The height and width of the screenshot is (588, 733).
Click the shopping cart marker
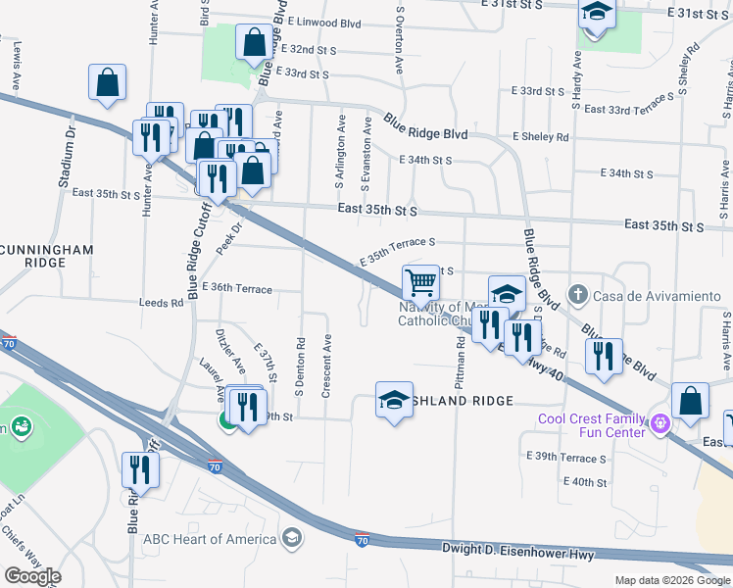[420, 282]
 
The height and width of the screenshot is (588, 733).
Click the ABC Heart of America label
[210, 538]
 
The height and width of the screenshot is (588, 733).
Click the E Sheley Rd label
[540, 137]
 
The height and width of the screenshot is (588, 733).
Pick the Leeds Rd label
[162, 304]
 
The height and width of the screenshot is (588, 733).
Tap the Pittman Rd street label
[460, 360]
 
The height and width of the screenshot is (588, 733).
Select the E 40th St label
[586, 481]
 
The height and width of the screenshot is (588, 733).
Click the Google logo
[32, 576]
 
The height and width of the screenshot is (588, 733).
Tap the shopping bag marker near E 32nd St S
[255, 43]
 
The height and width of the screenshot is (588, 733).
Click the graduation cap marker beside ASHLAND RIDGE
[394, 400]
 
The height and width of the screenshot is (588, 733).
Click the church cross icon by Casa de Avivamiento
[578, 294]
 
